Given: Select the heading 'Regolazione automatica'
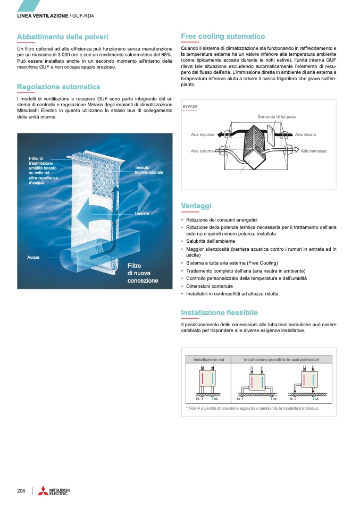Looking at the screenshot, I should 58,87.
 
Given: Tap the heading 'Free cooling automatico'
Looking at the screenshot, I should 223,37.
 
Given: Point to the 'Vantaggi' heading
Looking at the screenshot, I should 196,206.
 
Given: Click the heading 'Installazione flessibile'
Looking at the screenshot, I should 219,312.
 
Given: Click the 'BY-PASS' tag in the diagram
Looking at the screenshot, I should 190,107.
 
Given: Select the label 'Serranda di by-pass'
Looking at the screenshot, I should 277,116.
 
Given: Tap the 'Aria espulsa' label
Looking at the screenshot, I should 203,135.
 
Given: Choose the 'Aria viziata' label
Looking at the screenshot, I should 306,135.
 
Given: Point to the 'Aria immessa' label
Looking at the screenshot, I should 314,151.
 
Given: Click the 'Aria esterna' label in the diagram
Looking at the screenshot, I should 203,151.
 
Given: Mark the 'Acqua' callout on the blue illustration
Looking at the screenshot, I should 34,257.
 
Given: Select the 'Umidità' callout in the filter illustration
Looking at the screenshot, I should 141,214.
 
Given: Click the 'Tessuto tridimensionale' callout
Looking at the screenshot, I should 148,171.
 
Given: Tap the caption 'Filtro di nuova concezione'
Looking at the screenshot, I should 143,273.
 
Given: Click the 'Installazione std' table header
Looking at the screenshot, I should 209,360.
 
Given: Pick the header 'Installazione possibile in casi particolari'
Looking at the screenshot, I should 281,360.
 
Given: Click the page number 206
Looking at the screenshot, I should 21,490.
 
